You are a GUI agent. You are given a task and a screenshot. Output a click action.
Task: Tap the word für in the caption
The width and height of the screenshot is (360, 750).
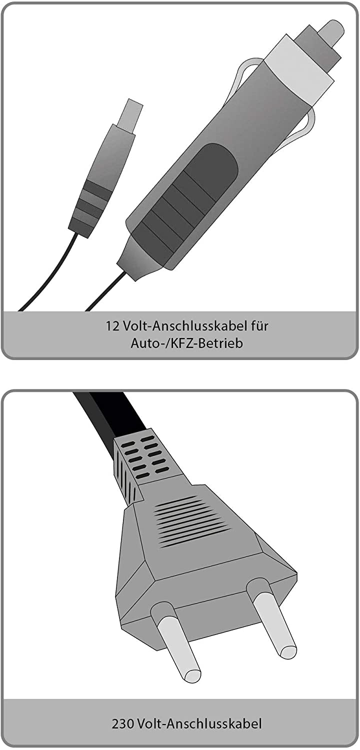point(259,326)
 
